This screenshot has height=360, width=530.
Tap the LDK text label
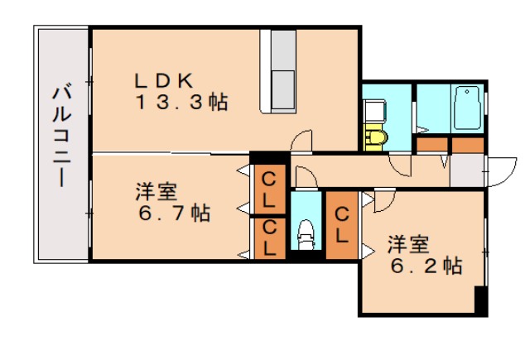click(166, 81)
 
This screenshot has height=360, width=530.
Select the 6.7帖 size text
click(173, 214)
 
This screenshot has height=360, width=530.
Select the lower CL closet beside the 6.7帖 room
click(270, 237)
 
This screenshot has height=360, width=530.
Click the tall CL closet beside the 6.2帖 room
click(342, 225)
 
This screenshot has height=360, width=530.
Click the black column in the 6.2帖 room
click(479, 300)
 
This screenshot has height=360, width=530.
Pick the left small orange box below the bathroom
click(431, 144)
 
